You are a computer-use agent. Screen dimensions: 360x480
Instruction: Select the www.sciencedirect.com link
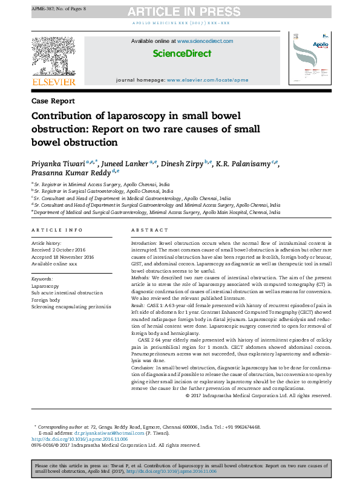tap(205, 41)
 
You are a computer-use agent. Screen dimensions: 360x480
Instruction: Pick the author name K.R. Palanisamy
tap(245, 164)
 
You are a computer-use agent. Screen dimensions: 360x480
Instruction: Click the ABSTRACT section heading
tap(149, 230)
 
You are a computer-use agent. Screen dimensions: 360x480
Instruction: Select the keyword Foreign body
tap(46, 300)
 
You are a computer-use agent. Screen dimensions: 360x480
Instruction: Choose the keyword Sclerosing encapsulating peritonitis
tap(71, 307)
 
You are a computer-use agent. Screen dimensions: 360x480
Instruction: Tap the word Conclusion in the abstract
tap(143, 368)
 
